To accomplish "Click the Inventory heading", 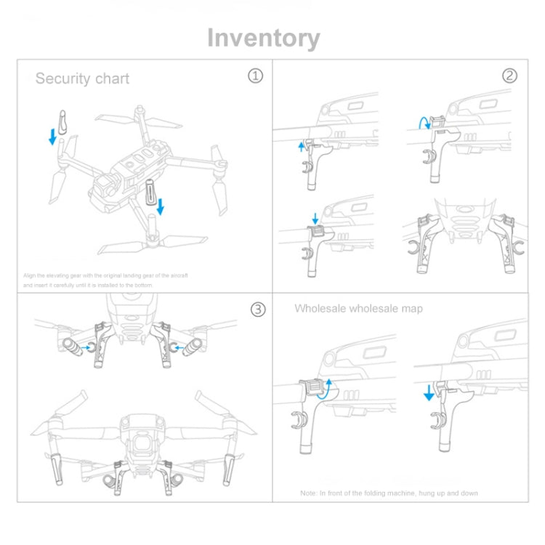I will [x=263, y=38].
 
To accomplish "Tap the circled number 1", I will [x=255, y=76].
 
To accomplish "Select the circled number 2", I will [x=509, y=76].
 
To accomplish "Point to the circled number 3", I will [x=257, y=310].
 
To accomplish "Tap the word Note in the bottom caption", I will [x=309, y=493].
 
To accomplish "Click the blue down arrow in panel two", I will [x=315, y=217].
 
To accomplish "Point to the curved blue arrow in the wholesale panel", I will [x=327, y=387].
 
